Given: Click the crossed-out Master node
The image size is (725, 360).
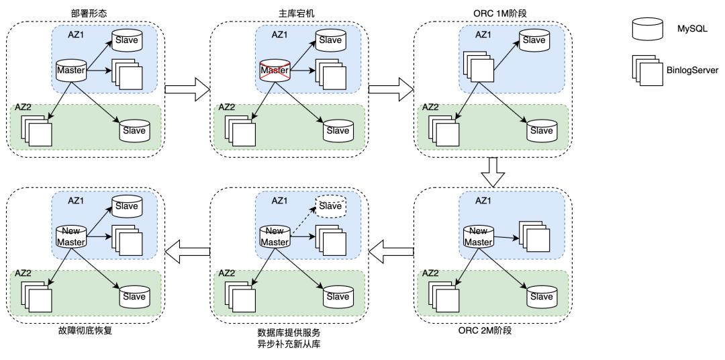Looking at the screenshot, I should tap(275, 71).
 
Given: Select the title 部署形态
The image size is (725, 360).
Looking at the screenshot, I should tap(87, 13).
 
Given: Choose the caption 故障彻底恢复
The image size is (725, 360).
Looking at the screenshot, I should tap(85, 330).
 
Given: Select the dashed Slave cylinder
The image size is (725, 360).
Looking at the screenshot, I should tap(330, 206).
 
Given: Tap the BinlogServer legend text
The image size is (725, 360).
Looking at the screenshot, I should tap(692, 70).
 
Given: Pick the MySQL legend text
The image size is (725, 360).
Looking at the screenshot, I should tap(691, 28).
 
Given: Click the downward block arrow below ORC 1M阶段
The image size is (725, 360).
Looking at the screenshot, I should tap(493, 172).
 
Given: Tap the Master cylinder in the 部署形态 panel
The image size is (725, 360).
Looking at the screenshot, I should tap(70, 71).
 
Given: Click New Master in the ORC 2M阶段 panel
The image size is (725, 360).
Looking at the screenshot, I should tap(478, 236).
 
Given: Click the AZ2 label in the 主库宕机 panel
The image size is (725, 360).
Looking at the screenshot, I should tap(226, 107).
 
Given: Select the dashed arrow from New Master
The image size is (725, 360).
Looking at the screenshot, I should tap(303, 222).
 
